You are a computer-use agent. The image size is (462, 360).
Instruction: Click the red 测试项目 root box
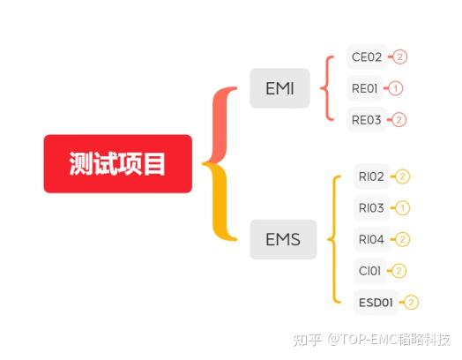118,164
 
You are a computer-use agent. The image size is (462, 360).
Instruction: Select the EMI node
279,88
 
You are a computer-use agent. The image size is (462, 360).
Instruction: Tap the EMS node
283,239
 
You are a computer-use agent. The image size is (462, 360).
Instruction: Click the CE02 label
367,56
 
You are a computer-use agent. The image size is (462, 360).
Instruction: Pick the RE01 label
364,88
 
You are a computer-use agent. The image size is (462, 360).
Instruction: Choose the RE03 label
366,120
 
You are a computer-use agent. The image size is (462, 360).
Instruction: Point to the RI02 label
371,176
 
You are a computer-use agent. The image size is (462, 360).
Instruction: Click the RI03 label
371,208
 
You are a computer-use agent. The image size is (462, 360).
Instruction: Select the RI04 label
371,239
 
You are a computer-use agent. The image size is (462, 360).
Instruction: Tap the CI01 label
369,271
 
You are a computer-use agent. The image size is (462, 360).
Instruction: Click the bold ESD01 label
376,303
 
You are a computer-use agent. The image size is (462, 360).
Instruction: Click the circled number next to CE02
399,56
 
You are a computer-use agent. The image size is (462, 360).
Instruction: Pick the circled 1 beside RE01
395,88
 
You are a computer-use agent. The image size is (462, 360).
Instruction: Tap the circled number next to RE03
399,120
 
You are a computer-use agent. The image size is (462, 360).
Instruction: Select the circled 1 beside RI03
402,208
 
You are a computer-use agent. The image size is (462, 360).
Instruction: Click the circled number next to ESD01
412,303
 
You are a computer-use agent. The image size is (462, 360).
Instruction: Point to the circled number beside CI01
399,271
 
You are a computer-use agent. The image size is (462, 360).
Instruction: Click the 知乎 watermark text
307,340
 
